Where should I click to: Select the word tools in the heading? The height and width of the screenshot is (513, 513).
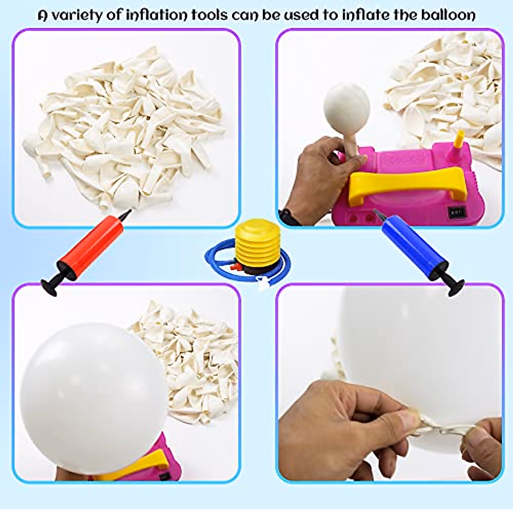pos(209,15)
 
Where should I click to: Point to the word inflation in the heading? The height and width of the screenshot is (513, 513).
pos(157,15)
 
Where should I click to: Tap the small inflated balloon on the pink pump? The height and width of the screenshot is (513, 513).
pos(347,107)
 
